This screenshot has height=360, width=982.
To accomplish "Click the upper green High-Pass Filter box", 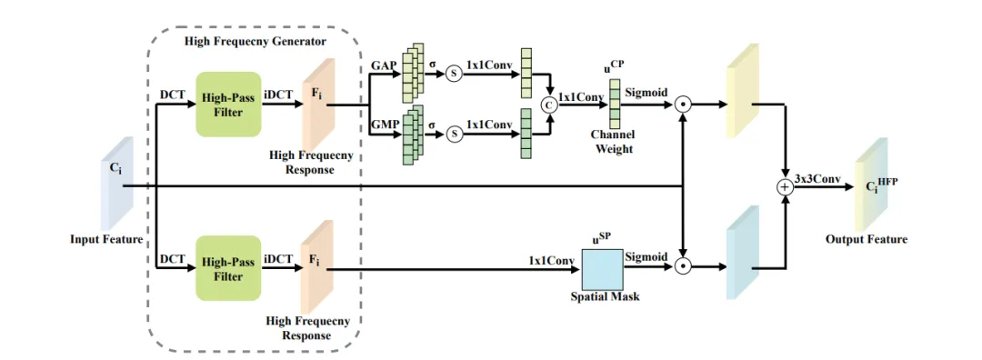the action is click(x=228, y=104).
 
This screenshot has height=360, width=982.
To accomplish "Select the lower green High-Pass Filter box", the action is click(x=228, y=268).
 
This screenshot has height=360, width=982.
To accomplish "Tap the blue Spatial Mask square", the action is click(x=603, y=268).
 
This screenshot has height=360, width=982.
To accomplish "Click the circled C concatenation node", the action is click(x=549, y=105).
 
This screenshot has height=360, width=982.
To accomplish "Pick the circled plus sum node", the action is click(x=784, y=187).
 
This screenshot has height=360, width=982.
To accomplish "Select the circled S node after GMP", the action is click(x=454, y=134).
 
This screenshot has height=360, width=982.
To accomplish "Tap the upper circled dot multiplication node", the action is click(x=684, y=105).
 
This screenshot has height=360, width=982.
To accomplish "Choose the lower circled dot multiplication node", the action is click(x=684, y=267).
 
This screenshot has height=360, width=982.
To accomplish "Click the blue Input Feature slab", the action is click(x=116, y=184).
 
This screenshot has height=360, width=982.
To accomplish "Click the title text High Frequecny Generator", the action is click(x=256, y=42).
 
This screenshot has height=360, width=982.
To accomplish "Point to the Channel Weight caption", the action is click(x=615, y=143).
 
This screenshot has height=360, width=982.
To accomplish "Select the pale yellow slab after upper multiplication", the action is click(x=743, y=91).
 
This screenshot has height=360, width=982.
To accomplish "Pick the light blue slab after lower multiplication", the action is click(x=743, y=253).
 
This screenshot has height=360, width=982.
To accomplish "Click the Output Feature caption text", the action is click(x=867, y=239).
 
